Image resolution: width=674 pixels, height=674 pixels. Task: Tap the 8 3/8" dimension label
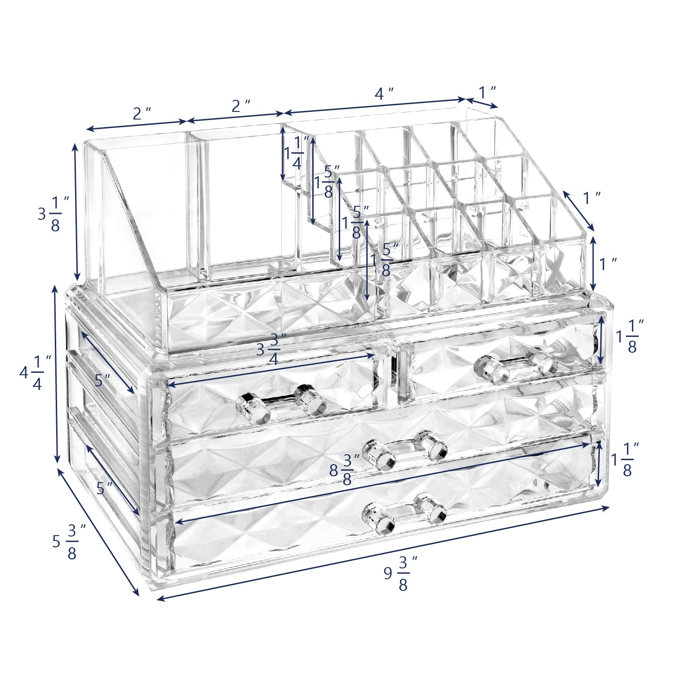click(x=346, y=470)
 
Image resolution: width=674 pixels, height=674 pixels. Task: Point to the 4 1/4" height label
click(x=35, y=372)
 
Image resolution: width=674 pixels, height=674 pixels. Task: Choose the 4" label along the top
click(x=384, y=94)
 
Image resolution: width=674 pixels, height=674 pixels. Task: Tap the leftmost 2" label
click(x=142, y=114)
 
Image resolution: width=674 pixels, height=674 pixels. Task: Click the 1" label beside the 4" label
click(x=487, y=93)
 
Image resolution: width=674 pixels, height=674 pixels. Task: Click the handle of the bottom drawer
click(x=404, y=514)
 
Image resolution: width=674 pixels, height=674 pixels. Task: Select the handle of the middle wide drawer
click(x=405, y=450)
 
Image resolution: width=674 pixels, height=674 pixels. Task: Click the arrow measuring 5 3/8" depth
click(x=98, y=532)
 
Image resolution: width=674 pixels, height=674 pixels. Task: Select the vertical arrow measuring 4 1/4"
click(x=56, y=374)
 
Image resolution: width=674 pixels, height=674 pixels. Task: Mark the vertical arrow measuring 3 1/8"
click(x=76, y=212)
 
